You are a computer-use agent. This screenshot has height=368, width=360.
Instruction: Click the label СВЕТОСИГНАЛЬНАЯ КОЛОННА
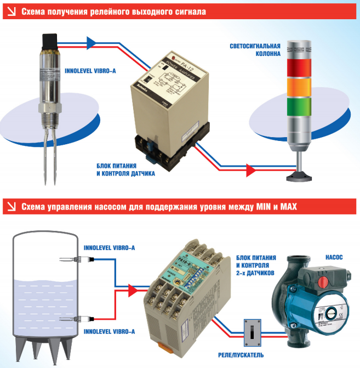click(255, 50)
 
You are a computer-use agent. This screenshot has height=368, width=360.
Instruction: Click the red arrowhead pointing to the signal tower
click(252, 170)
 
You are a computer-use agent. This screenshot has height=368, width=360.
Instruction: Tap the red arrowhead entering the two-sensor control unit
click(133, 289)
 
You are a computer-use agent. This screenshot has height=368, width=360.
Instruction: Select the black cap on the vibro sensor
click(50, 40)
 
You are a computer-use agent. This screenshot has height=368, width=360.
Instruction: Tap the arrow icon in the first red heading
click(10, 11)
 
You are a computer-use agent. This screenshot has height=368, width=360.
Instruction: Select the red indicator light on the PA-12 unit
click(174, 58)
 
